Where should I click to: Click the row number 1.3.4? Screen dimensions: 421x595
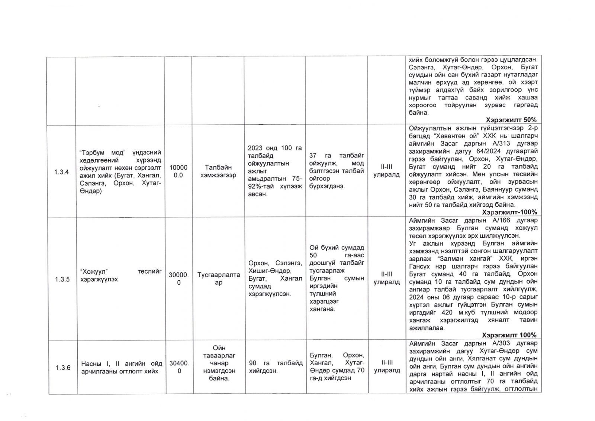61,172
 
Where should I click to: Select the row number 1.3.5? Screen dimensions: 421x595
62,279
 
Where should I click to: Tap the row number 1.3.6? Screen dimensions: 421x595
63,368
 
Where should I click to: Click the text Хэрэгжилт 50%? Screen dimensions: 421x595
511,120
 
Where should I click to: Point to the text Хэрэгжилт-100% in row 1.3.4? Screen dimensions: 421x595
509,212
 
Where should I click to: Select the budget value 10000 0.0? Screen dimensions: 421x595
178,171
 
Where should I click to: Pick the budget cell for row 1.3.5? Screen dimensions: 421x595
178,279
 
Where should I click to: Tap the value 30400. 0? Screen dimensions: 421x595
179,367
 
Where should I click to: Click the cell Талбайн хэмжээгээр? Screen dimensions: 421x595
218,171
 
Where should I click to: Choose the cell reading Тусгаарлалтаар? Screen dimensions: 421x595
219,278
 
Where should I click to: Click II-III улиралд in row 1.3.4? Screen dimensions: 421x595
387,171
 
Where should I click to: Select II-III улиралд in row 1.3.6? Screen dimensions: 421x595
387,366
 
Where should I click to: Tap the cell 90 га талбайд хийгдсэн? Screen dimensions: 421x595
276,367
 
